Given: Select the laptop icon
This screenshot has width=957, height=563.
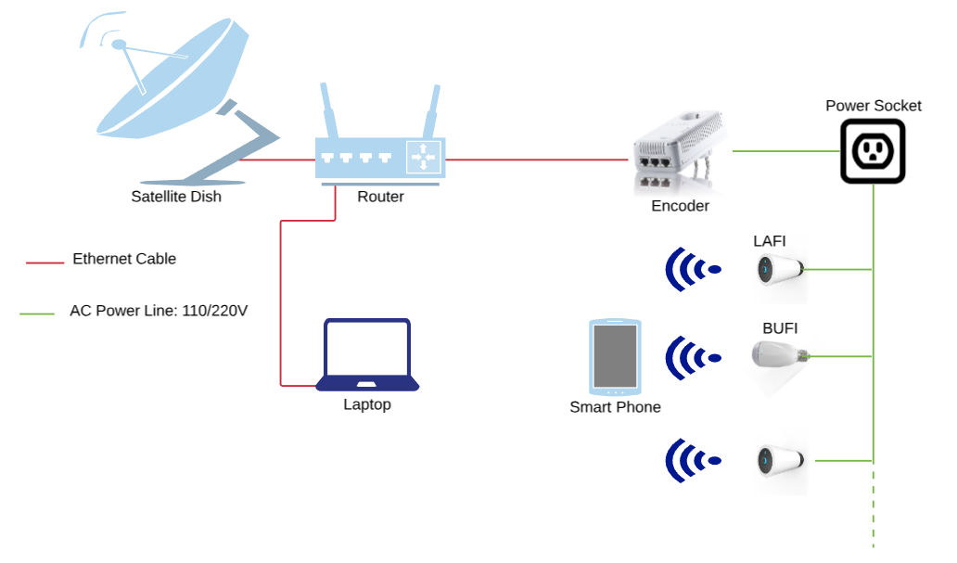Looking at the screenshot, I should (x=367, y=356).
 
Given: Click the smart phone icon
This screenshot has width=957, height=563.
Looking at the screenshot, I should (x=614, y=356).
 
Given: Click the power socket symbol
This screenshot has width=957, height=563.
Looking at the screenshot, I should (x=873, y=151).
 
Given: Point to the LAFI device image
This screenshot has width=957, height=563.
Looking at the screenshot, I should (x=779, y=270).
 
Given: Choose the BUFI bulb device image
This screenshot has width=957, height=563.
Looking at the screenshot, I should (x=778, y=355).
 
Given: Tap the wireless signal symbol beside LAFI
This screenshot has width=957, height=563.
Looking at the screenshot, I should (x=691, y=270).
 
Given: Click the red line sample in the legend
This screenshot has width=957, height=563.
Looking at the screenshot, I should (x=45, y=263).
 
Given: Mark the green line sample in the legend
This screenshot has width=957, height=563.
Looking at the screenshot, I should (x=38, y=313).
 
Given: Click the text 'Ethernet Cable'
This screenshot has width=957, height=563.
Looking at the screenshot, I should (x=124, y=259).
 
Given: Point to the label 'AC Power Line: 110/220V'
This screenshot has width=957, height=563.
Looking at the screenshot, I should (x=159, y=311).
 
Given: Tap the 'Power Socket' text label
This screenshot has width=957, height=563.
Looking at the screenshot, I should (x=874, y=106).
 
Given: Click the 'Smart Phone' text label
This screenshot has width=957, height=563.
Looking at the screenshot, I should (x=615, y=407).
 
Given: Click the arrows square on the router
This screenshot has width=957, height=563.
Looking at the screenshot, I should (x=424, y=156).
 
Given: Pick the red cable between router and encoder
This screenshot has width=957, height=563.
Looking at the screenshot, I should (x=538, y=160).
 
